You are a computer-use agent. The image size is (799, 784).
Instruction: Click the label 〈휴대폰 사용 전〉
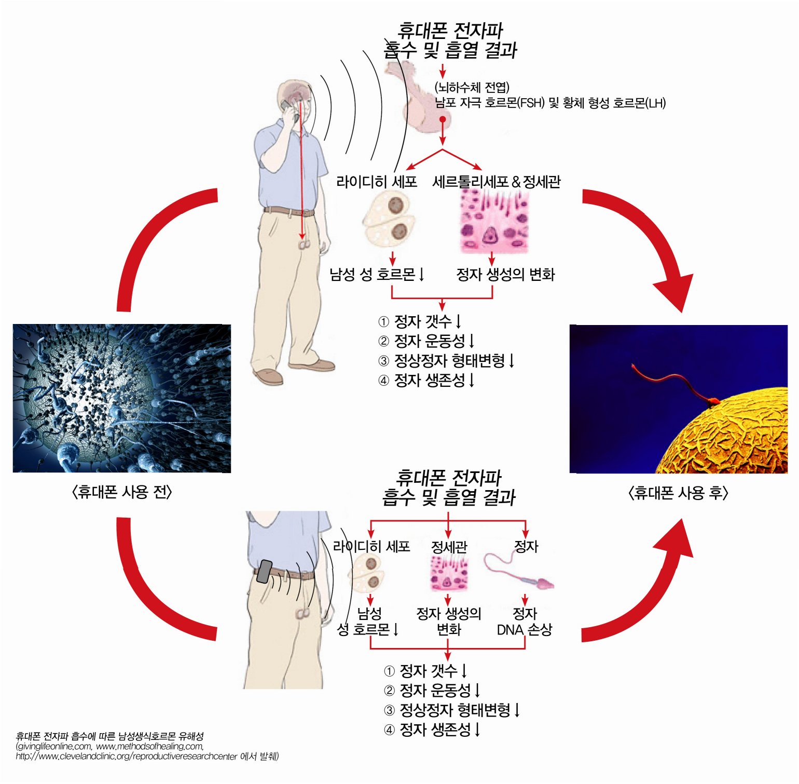[122, 492]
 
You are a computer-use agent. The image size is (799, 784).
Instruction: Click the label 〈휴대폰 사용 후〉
[678, 493]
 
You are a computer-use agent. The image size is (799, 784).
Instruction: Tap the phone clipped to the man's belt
[265, 571]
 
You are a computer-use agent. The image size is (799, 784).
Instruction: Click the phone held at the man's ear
[287, 107]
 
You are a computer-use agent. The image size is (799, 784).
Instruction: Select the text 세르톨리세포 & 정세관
[496, 182]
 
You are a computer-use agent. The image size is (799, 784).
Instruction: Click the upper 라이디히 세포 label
[376, 182]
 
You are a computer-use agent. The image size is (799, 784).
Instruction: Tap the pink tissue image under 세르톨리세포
[494, 221]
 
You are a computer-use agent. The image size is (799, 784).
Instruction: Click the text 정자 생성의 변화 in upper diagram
[505, 274]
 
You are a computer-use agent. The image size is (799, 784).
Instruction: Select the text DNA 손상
[524, 630]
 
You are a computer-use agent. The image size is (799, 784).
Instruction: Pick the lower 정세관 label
[449, 547]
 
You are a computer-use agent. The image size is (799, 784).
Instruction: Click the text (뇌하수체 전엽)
[472, 87]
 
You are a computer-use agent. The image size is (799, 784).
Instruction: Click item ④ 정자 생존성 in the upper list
[426, 381]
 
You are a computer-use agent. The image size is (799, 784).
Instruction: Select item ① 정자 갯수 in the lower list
[425, 671]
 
